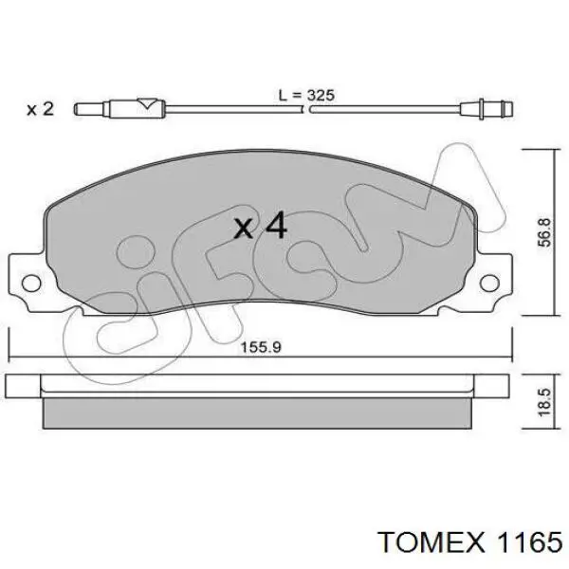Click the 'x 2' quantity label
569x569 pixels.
point(40,109)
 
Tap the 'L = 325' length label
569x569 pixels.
point(306,96)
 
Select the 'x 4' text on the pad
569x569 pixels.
point(261,226)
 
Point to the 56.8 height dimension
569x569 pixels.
point(544,232)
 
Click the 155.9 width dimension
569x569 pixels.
point(262,347)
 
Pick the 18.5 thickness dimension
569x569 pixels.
point(544,402)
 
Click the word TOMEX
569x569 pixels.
point(431,542)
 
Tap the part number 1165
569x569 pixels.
point(530,542)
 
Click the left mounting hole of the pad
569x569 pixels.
point(31,283)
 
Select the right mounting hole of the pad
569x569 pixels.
point(489,283)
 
